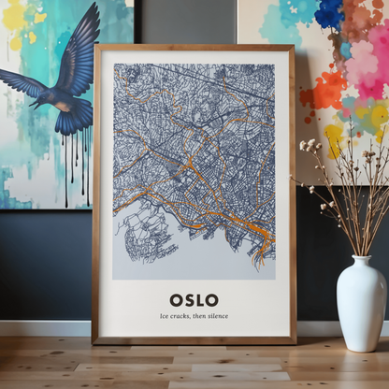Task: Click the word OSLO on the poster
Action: point(194,300)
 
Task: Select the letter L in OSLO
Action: point(200,300)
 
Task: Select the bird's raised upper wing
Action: point(79,47)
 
